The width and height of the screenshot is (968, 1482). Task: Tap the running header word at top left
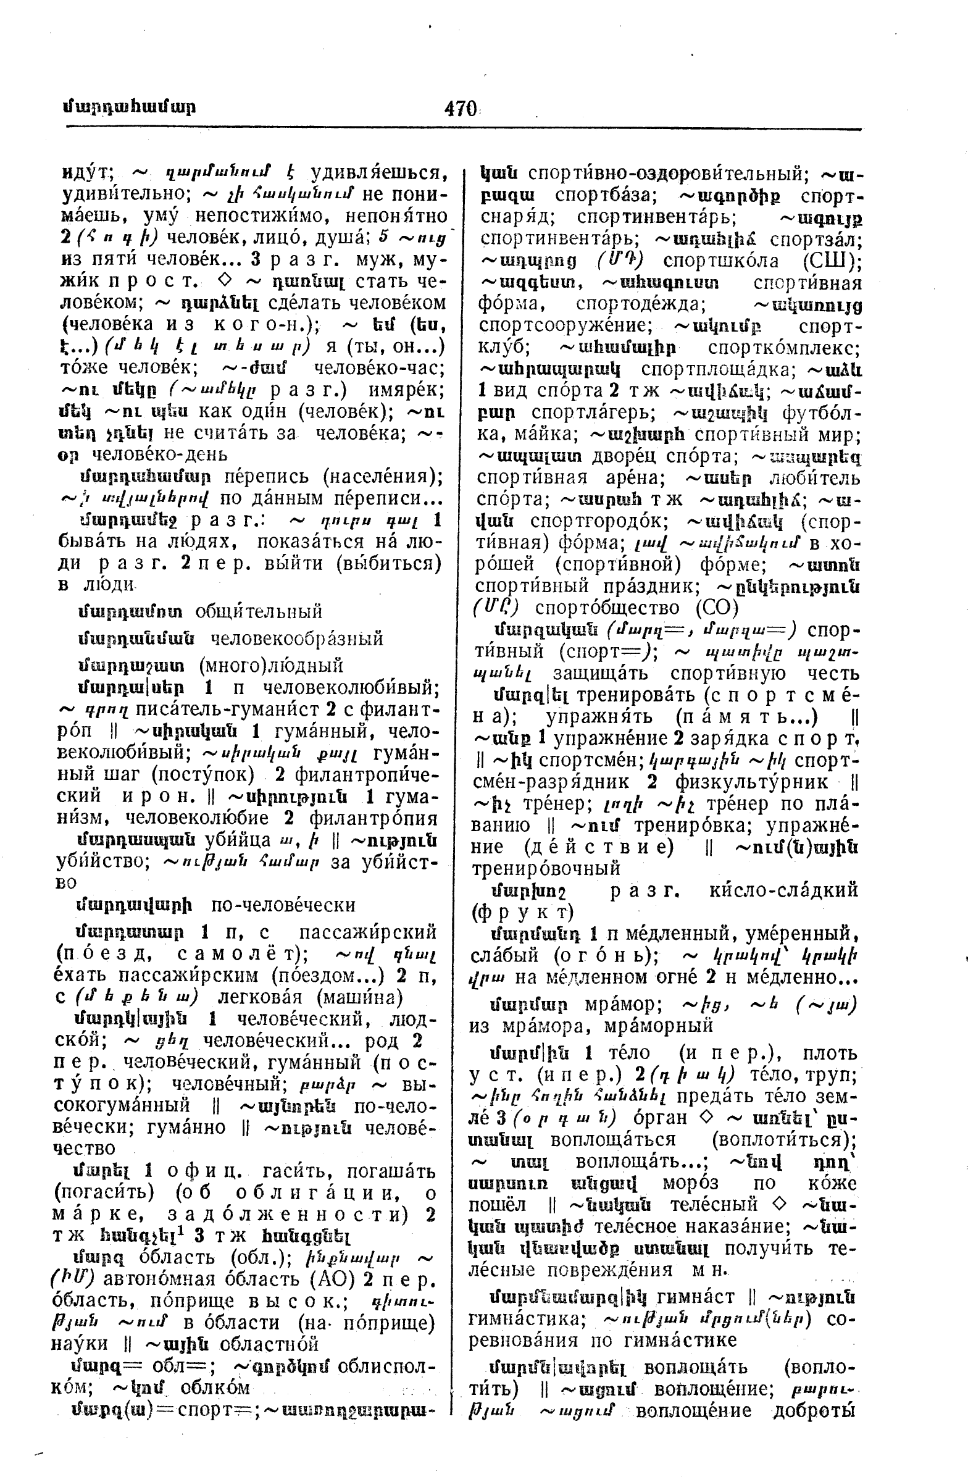[x=129, y=106]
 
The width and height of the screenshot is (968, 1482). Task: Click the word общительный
[x=258, y=611]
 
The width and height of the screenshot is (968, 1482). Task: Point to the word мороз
[x=690, y=1183]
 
